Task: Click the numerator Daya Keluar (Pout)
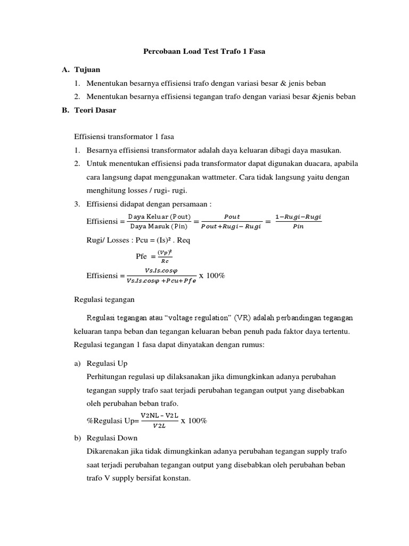[x=159, y=216]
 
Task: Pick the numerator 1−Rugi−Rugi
[x=298, y=216]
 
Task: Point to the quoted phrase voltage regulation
[x=201, y=318]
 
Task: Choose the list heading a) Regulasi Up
[x=101, y=363]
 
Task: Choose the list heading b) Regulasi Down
[x=105, y=438]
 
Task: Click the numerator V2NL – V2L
[x=159, y=415]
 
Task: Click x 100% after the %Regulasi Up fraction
[x=194, y=421]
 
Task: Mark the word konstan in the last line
[x=177, y=478]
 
